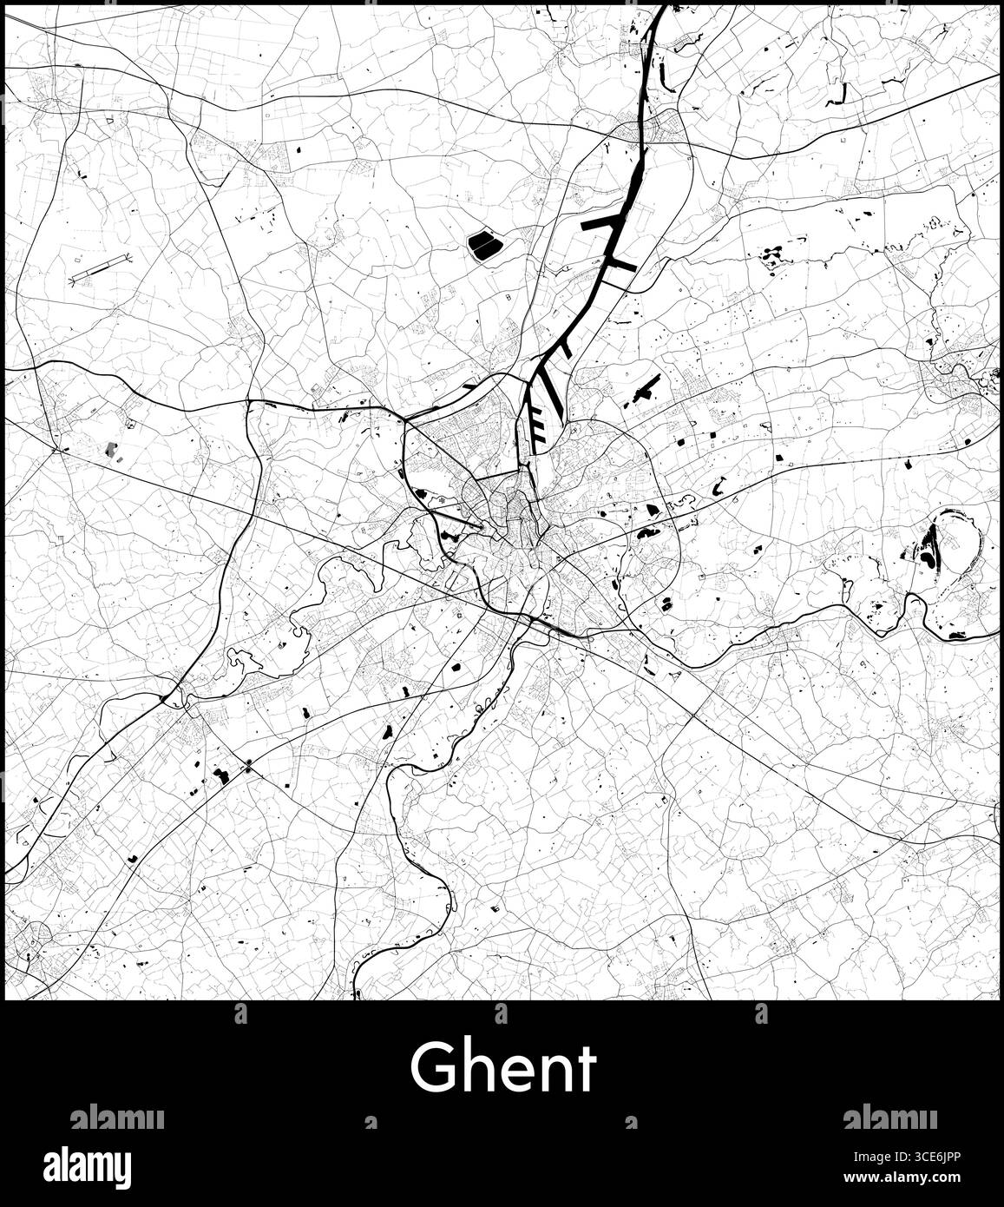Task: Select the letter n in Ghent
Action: click(552, 1072)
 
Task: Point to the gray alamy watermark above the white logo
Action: click(116, 1118)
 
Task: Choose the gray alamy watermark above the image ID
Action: click(889, 1118)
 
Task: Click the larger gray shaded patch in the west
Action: click(110, 449)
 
